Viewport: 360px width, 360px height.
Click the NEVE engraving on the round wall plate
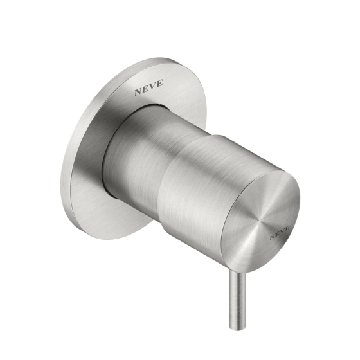pos(148,87)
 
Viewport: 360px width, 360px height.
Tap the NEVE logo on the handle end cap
pos(280,232)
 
